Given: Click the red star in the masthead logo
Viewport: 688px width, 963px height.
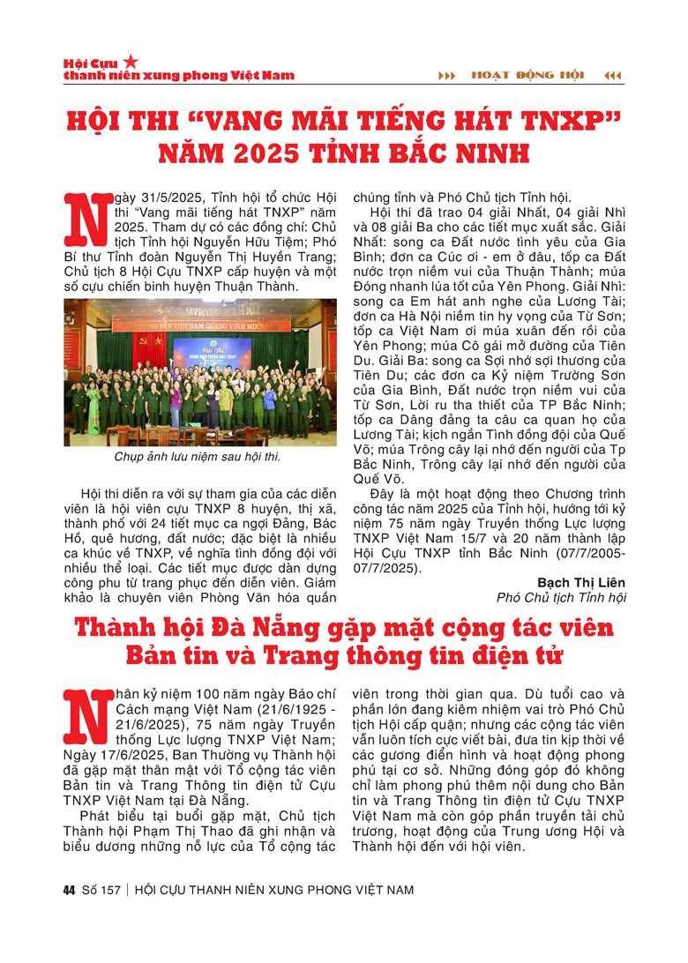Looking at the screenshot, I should tap(131, 62).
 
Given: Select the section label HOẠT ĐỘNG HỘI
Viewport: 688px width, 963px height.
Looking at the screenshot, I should tap(528, 75).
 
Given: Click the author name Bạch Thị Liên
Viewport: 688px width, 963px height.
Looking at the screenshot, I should tap(581, 583).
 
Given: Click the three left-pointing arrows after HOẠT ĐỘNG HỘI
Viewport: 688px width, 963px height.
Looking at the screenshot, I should tap(612, 75).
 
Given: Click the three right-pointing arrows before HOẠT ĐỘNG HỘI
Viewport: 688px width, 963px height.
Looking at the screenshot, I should tap(447, 75).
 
